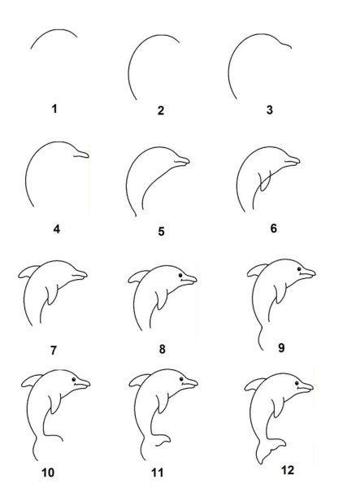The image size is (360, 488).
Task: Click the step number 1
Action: (x=54, y=106)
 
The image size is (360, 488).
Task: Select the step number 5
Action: (x=161, y=231)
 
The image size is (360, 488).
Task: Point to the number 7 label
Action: (x=54, y=350)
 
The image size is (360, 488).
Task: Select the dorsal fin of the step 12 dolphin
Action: (x=252, y=385)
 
